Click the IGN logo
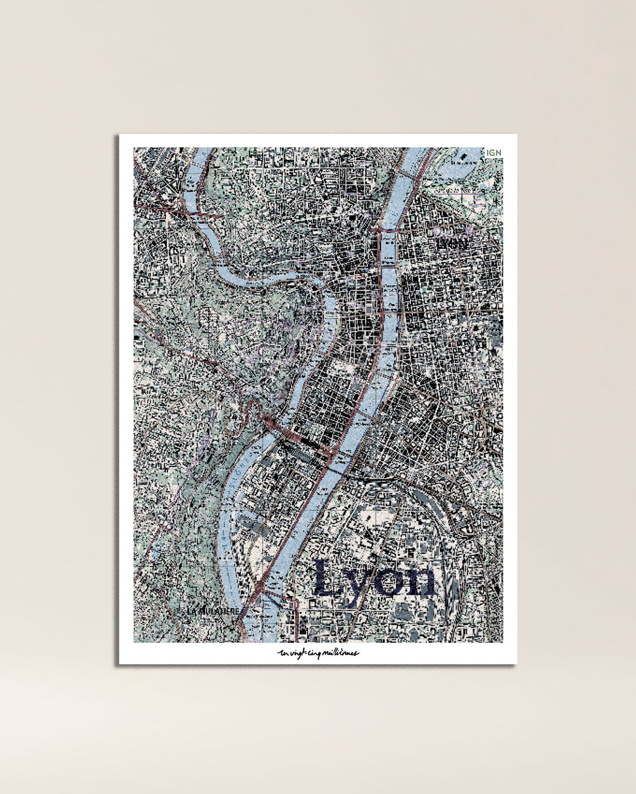pos(493,153)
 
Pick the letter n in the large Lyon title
pos(419,580)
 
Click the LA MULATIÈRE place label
pos(213,611)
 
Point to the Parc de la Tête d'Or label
pos(454,191)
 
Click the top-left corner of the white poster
pos(120,135)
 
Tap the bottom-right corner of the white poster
pos(516,663)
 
